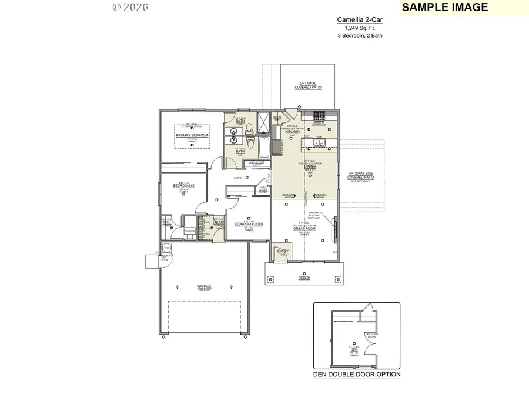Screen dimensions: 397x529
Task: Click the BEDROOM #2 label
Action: [184, 186]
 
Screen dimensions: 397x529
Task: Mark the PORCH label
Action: [304, 278]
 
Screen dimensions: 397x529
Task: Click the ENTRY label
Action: [283, 252]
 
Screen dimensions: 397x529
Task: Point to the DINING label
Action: [309, 166]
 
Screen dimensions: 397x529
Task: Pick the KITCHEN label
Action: [292, 132]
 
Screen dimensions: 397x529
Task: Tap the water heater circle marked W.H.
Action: [166, 249]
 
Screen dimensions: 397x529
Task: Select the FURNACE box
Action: [189, 231]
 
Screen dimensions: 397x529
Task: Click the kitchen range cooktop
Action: [320, 115]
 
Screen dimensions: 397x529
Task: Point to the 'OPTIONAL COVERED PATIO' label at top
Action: [308, 85]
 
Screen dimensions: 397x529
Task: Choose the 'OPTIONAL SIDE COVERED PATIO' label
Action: [360, 175]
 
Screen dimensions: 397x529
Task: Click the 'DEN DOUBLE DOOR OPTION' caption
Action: [357, 374]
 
